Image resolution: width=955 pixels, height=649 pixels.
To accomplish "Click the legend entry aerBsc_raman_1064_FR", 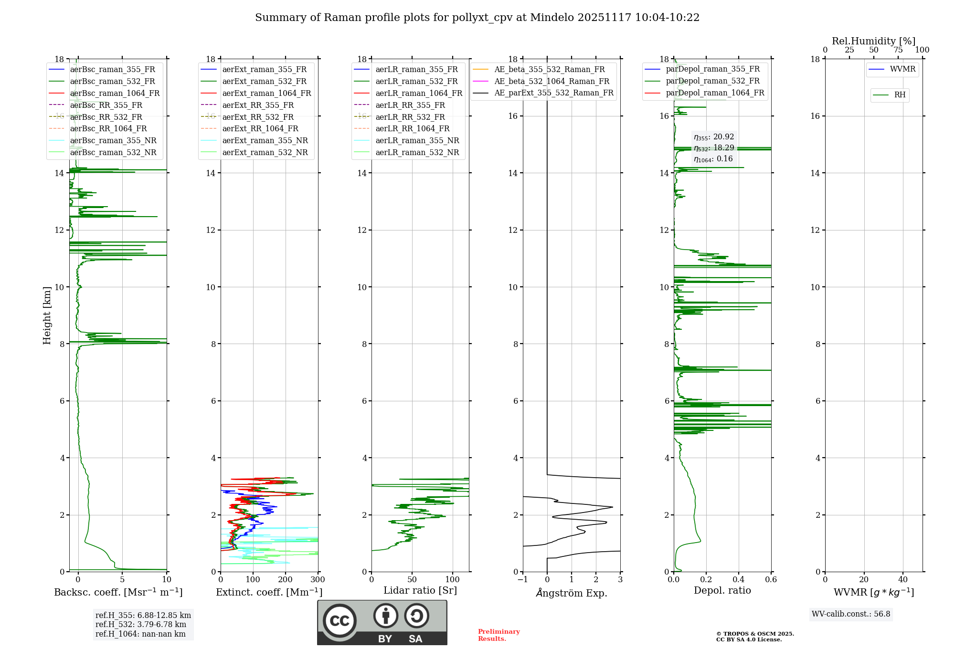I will (x=115, y=94).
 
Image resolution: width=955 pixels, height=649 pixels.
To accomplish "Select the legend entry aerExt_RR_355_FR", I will (x=258, y=105).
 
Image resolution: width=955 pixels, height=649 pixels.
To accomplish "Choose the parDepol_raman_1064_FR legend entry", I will (x=715, y=93).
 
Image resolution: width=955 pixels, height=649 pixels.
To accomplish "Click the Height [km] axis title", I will (x=47, y=315).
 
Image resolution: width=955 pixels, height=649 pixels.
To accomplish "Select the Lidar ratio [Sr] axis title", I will (x=420, y=591).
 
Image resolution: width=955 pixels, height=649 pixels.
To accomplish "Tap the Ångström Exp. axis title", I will (x=572, y=593).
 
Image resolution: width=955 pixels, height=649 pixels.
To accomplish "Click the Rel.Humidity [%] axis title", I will (x=873, y=41).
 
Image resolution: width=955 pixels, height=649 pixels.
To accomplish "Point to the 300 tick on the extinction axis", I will (x=318, y=580).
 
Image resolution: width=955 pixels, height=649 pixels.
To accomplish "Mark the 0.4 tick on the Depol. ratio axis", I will (x=739, y=580).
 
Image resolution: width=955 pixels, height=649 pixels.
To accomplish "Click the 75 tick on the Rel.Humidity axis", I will (x=898, y=50).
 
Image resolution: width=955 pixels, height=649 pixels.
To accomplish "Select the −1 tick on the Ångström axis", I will (x=523, y=580).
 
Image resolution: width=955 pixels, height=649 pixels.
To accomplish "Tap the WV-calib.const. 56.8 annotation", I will (x=851, y=614).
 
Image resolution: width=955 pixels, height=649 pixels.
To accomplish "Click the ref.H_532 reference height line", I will (x=140, y=625).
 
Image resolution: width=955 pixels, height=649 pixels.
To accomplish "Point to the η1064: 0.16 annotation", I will (x=713, y=159).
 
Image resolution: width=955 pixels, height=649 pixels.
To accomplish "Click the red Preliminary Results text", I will (x=499, y=635).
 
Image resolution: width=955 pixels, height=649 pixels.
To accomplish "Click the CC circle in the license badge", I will (x=340, y=621).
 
